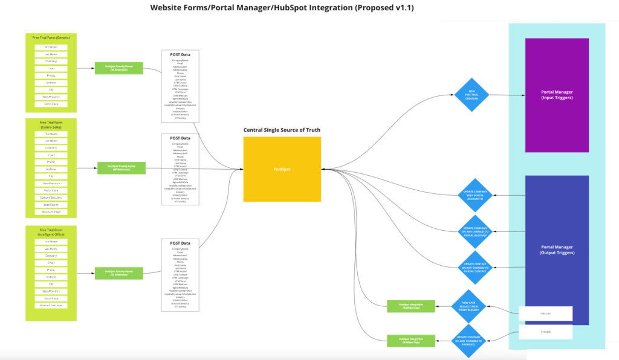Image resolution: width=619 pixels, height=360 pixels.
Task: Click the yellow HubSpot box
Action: point(282,169)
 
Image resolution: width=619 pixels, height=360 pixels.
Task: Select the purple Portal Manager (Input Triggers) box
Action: point(557,95)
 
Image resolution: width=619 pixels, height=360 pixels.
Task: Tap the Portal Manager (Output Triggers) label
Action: point(557,249)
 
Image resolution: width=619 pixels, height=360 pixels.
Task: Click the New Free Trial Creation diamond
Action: point(471,95)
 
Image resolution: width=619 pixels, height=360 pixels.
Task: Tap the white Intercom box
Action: point(545,313)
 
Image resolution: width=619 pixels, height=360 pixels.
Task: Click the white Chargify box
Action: point(545,332)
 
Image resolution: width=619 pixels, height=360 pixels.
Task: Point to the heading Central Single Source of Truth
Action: point(282,130)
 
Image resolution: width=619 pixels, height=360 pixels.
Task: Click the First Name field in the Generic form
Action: point(51,47)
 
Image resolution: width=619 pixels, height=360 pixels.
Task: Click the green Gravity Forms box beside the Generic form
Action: point(119,68)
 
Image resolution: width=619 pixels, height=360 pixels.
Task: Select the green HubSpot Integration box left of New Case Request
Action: point(410,306)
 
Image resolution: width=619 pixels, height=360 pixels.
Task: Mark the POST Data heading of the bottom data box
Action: point(180,243)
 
